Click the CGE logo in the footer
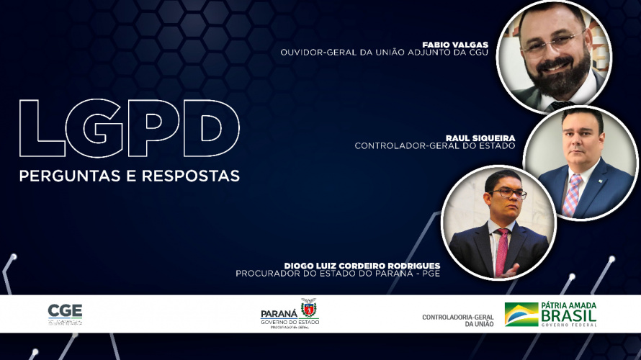[65, 313]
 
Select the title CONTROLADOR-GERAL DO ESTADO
[435, 145]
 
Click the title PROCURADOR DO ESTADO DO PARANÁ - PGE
[338, 274]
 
